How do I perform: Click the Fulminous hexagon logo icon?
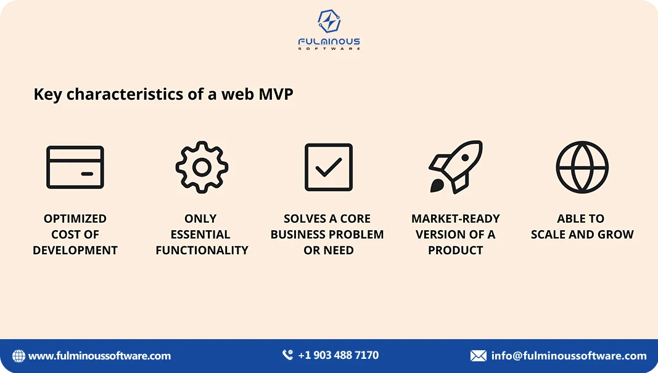point(329,22)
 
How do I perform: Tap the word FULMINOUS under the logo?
point(329,42)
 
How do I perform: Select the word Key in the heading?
point(47,95)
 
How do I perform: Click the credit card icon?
point(75,167)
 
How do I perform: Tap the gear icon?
point(202,167)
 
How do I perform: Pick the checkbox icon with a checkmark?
point(329,167)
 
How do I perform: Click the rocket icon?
point(455,167)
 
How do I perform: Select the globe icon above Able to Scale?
point(582,167)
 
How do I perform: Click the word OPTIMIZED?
point(75,219)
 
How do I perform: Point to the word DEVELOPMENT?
point(75,251)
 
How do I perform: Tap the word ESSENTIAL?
point(200,235)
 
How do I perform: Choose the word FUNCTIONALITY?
point(202,251)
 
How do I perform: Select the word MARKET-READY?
point(455,219)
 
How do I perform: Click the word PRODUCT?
point(455,251)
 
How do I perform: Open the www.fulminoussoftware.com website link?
point(99,356)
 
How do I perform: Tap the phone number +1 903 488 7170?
point(338,355)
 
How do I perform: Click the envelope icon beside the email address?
point(478,356)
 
